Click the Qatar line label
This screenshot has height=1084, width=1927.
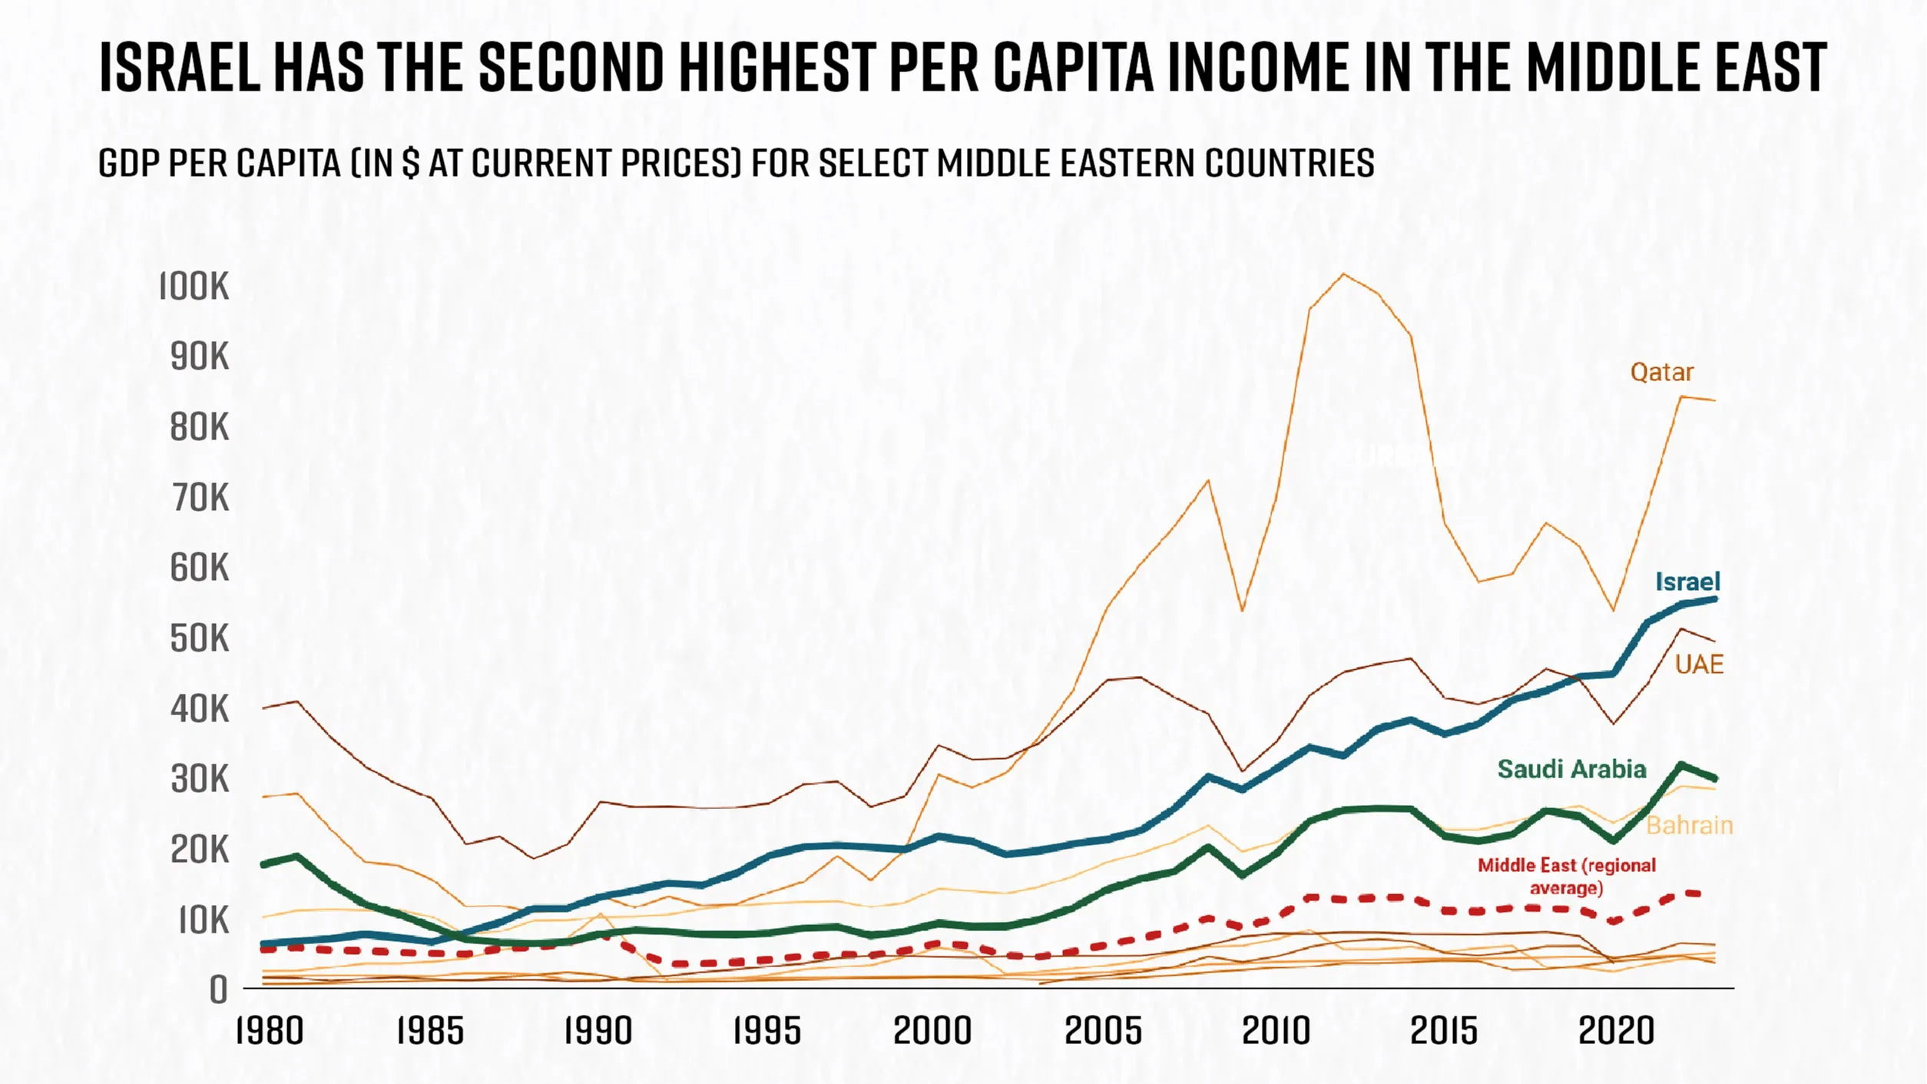[x=1661, y=373]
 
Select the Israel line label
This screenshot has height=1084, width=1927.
[x=1687, y=582]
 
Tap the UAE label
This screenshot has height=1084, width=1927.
[x=1699, y=665]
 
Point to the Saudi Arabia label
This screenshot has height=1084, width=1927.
[x=1571, y=769]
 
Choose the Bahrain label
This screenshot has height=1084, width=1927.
[x=1690, y=826]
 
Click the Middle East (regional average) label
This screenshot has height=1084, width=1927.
[x=1567, y=877]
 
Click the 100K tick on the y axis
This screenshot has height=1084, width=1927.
[x=194, y=287]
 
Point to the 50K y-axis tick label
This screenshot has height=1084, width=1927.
[x=200, y=638]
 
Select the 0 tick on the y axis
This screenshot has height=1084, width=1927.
[x=219, y=990]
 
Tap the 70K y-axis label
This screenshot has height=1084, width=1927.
[x=200, y=499]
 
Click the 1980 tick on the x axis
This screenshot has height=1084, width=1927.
[x=270, y=1031]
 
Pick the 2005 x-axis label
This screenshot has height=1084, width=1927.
[x=1103, y=1031]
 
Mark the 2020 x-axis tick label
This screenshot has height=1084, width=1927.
[x=1616, y=1031]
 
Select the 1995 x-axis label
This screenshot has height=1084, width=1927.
[x=766, y=1031]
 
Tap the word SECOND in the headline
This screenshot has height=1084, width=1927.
[x=571, y=68]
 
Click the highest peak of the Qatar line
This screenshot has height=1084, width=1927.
[x=1343, y=274]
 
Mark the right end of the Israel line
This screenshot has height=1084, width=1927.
[x=1715, y=599]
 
